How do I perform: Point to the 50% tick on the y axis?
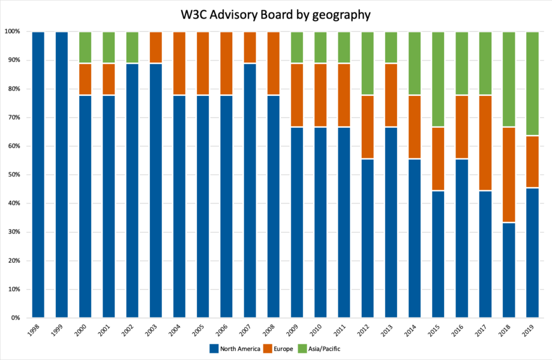16,175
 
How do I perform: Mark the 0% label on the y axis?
17,318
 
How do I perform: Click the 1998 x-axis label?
36,331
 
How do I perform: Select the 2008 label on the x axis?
271,331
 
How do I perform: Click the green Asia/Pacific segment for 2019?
532,83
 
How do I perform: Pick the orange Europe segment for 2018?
509,174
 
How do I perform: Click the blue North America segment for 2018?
509,270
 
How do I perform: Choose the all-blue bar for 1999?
62,174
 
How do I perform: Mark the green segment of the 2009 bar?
297,47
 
